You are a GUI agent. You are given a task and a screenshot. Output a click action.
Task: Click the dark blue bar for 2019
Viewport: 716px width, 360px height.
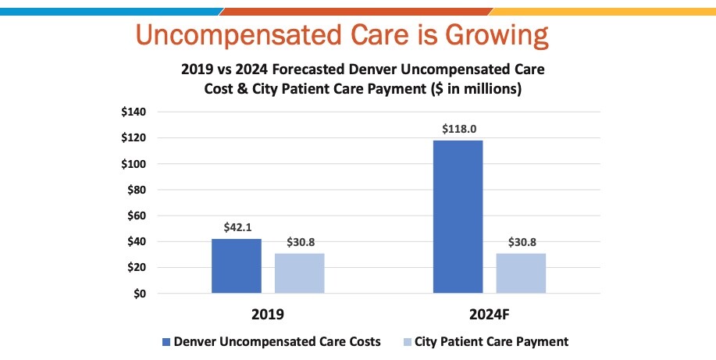pyautogui.click(x=237, y=266)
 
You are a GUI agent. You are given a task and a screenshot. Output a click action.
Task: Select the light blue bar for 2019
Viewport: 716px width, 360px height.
pyautogui.click(x=300, y=273)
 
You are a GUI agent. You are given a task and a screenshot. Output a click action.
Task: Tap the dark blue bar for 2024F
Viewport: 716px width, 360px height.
pyautogui.click(x=458, y=216)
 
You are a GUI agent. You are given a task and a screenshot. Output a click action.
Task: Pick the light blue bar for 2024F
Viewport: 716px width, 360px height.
pyautogui.click(x=521, y=273)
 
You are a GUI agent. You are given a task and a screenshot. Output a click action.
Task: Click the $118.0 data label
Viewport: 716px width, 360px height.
pyautogui.click(x=459, y=129)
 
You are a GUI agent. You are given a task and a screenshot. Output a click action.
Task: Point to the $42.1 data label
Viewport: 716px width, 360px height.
pyautogui.click(x=237, y=227)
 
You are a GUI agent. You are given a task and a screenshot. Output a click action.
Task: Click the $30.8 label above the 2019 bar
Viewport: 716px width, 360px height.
pyautogui.click(x=301, y=242)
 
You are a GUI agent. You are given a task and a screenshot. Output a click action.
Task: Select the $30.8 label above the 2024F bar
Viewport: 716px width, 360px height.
pyautogui.click(x=522, y=242)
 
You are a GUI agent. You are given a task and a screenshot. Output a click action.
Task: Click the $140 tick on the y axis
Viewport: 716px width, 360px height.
pyautogui.click(x=134, y=112)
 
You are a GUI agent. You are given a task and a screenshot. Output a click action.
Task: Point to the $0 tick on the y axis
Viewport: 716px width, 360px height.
pyautogui.click(x=140, y=294)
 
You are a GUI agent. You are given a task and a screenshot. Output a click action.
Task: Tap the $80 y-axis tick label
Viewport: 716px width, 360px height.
pyautogui.click(x=137, y=190)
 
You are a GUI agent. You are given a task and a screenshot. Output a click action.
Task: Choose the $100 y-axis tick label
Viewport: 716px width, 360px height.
pyautogui.click(x=134, y=164)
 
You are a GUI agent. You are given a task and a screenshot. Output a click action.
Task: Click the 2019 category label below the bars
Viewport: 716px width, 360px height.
pyautogui.click(x=268, y=315)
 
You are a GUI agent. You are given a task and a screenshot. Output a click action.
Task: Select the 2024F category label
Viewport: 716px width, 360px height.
pyautogui.click(x=490, y=315)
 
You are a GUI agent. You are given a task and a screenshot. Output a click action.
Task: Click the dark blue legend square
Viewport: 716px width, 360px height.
pyautogui.click(x=166, y=342)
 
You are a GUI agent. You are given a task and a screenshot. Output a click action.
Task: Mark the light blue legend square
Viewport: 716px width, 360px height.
pyautogui.click(x=407, y=342)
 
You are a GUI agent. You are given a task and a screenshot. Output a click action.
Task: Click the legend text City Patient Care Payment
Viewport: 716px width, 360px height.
pyautogui.click(x=492, y=342)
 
